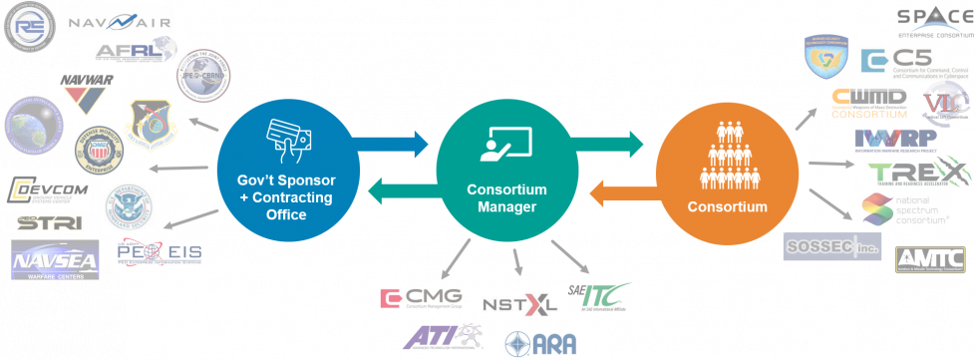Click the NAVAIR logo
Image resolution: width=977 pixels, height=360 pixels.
click(x=120, y=20)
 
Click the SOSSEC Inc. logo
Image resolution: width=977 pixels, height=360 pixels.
click(x=831, y=245)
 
